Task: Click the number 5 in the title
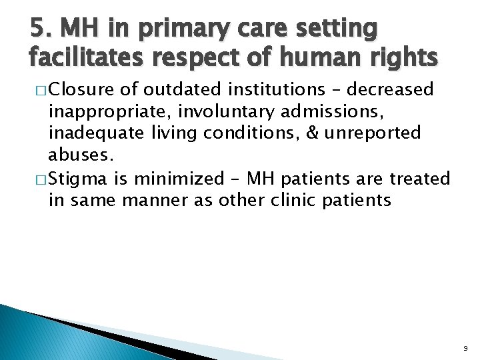tap(36, 29)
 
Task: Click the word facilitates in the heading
tap(82, 59)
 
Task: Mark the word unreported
tap(373, 133)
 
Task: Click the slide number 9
tap(464, 347)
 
